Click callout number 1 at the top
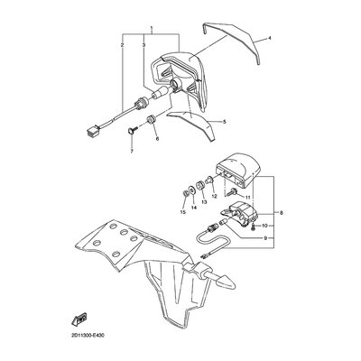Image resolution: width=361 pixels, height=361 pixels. tap(152, 29)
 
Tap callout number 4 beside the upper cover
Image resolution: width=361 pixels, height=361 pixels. tap(270, 38)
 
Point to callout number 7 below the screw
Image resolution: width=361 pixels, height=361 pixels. tap(132, 151)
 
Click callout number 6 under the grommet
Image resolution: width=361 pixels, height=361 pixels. tap(157, 139)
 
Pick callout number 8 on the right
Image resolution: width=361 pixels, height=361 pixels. tap(282, 213)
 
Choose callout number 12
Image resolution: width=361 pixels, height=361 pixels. tap(214, 196)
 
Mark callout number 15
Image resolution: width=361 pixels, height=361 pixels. tap(182, 212)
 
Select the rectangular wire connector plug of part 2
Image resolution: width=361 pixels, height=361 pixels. tap(90, 131)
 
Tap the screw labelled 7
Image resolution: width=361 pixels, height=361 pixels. tap(133, 131)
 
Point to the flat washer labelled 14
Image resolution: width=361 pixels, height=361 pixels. tap(191, 191)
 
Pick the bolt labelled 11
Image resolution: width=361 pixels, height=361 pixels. tap(233, 191)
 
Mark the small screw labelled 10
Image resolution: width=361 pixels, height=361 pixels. tap(254, 227)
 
